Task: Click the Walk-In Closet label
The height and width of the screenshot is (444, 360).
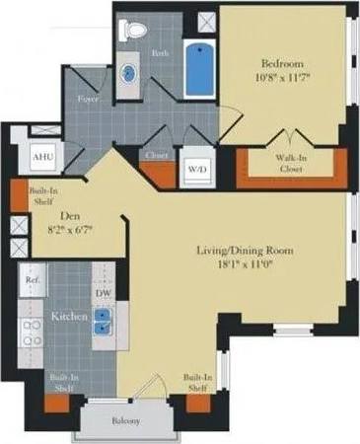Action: point(287,162)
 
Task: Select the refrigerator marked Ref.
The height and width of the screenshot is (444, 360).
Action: point(32,280)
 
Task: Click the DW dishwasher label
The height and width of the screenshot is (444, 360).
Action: point(104,293)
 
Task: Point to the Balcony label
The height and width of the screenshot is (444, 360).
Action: point(124,421)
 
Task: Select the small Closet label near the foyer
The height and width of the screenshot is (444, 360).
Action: point(156,155)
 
